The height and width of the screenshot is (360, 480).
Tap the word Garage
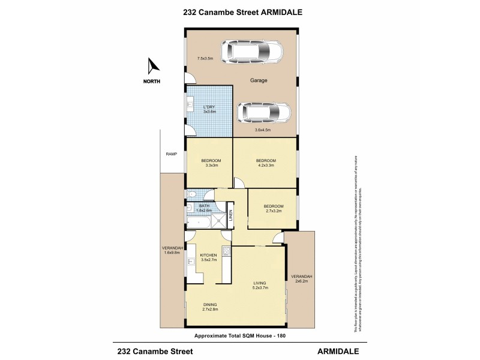pos(259,80)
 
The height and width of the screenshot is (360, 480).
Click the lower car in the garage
pos(263,112)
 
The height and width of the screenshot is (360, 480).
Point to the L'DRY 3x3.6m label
pos(209,109)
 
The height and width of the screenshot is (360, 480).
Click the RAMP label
pos(171,154)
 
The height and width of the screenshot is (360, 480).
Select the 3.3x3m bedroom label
pos(211,163)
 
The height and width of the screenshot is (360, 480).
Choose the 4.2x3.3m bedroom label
pos(266,163)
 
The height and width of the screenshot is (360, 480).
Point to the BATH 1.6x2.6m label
pos(205,208)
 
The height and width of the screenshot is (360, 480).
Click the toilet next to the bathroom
pos(191,194)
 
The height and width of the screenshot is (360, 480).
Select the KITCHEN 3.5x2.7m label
pos(208,258)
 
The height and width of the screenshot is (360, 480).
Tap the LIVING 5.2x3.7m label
pos(259,285)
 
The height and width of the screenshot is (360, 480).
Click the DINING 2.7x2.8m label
pos(209,307)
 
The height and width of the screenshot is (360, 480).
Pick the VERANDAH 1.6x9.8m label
pos(171,250)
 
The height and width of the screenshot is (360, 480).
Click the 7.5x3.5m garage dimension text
pos(206,58)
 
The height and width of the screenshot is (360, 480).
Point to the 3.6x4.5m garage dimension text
pos(263,130)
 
